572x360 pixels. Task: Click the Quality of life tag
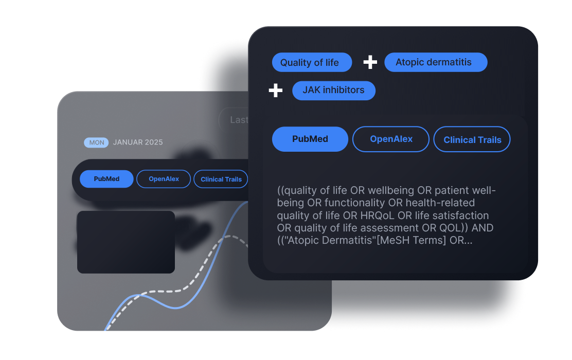tap(312, 63)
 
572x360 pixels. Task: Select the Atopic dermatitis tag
tap(435, 62)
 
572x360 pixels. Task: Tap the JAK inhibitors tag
tap(333, 90)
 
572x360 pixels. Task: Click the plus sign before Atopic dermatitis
tap(370, 62)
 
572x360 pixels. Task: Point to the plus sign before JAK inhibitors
tap(276, 91)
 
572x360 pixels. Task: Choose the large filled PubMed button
tap(310, 139)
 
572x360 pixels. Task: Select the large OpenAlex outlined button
tap(391, 139)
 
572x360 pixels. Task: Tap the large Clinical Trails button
tap(472, 139)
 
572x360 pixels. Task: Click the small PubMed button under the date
tap(106, 179)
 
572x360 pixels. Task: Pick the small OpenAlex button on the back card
tap(164, 179)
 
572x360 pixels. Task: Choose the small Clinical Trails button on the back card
tap(221, 179)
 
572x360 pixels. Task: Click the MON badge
tap(96, 142)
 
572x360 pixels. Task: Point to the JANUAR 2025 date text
tap(138, 142)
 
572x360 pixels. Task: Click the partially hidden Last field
tap(235, 120)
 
